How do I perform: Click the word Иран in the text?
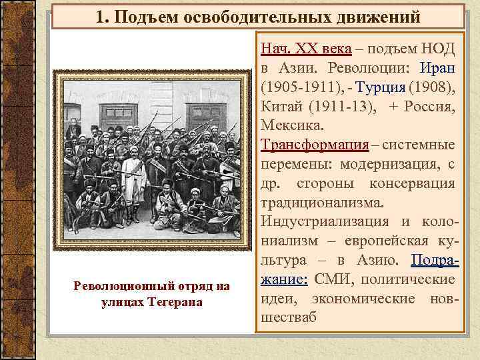[437, 68]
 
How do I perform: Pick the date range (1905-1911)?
[300, 87]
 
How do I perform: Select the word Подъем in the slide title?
[141, 15]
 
